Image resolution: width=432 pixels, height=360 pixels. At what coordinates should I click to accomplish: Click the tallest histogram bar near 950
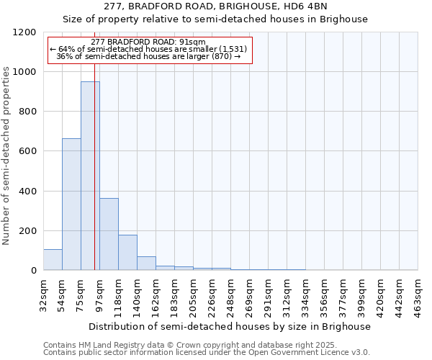[90, 176]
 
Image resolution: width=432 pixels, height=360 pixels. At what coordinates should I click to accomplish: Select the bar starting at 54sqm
[71, 204]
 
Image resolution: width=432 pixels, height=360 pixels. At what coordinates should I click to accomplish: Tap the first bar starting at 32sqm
[53, 260]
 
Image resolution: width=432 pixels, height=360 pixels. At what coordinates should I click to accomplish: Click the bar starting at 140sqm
[146, 264]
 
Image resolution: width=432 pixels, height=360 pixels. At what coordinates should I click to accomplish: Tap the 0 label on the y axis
[34, 271]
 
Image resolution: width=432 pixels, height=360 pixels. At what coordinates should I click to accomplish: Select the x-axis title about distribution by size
[230, 326]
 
